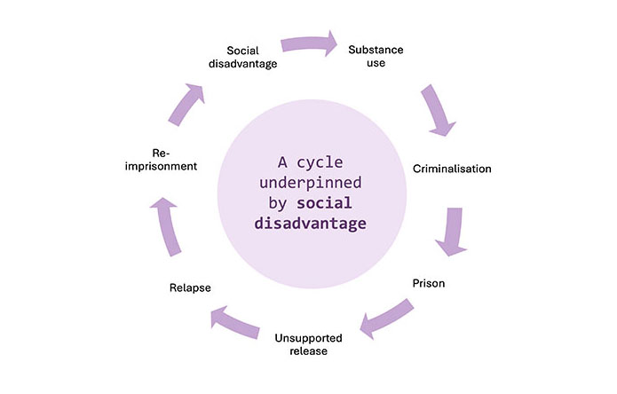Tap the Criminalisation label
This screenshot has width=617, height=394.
[452, 168]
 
